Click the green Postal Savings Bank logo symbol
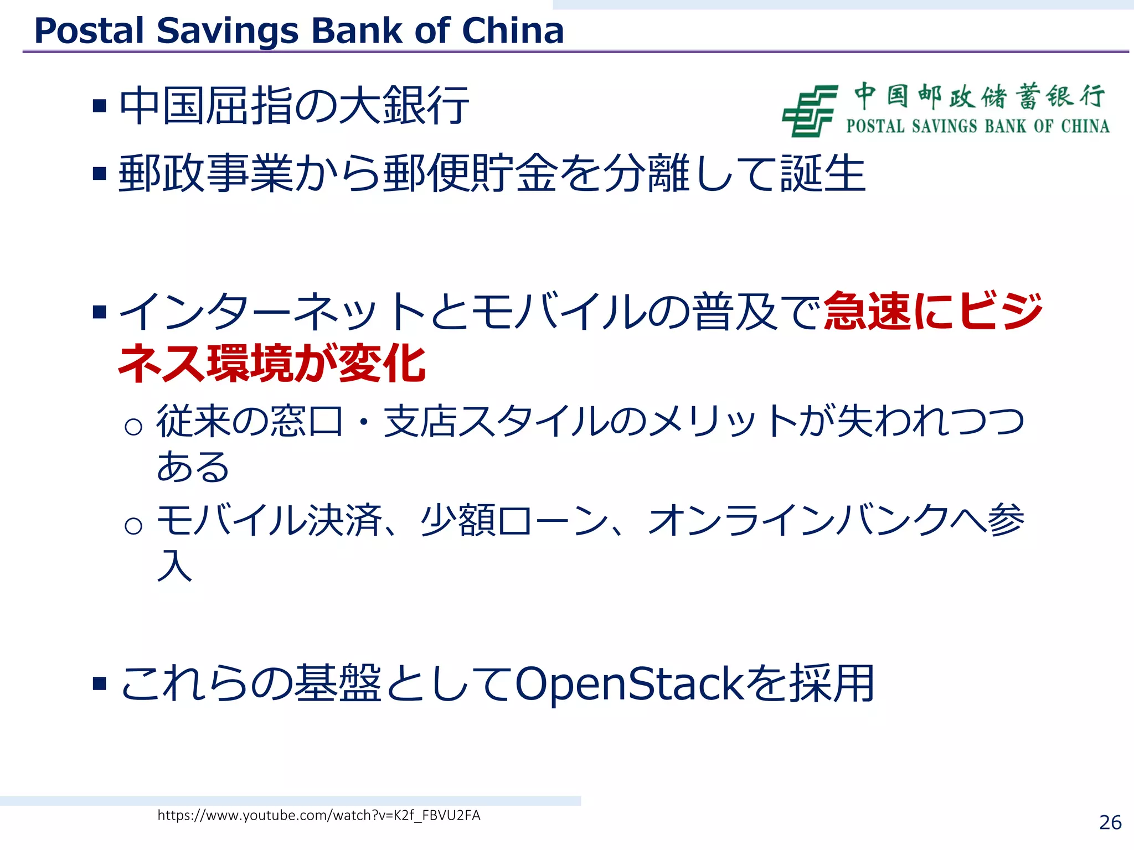pyautogui.click(x=809, y=111)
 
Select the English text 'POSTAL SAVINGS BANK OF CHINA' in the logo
pyautogui.click(x=977, y=126)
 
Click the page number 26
pyautogui.click(x=1110, y=822)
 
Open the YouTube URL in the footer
pyautogui.click(x=319, y=815)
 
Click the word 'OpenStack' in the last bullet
pyautogui.click(x=629, y=684)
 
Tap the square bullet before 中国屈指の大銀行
pyautogui.click(x=100, y=106)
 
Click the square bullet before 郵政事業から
pyautogui.click(x=100, y=174)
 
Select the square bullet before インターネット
pyautogui.click(x=100, y=312)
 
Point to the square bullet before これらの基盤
pyautogui.click(x=100, y=684)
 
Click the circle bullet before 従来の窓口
pyautogui.click(x=133, y=427)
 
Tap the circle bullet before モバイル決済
pyautogui.click(x=133, y=525)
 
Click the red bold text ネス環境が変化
pyautogui.click(x=272, y=364)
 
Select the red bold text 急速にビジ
pyautogui.click(x=933, y=311)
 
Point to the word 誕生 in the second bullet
pyautogui.click(x=823, y=174)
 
